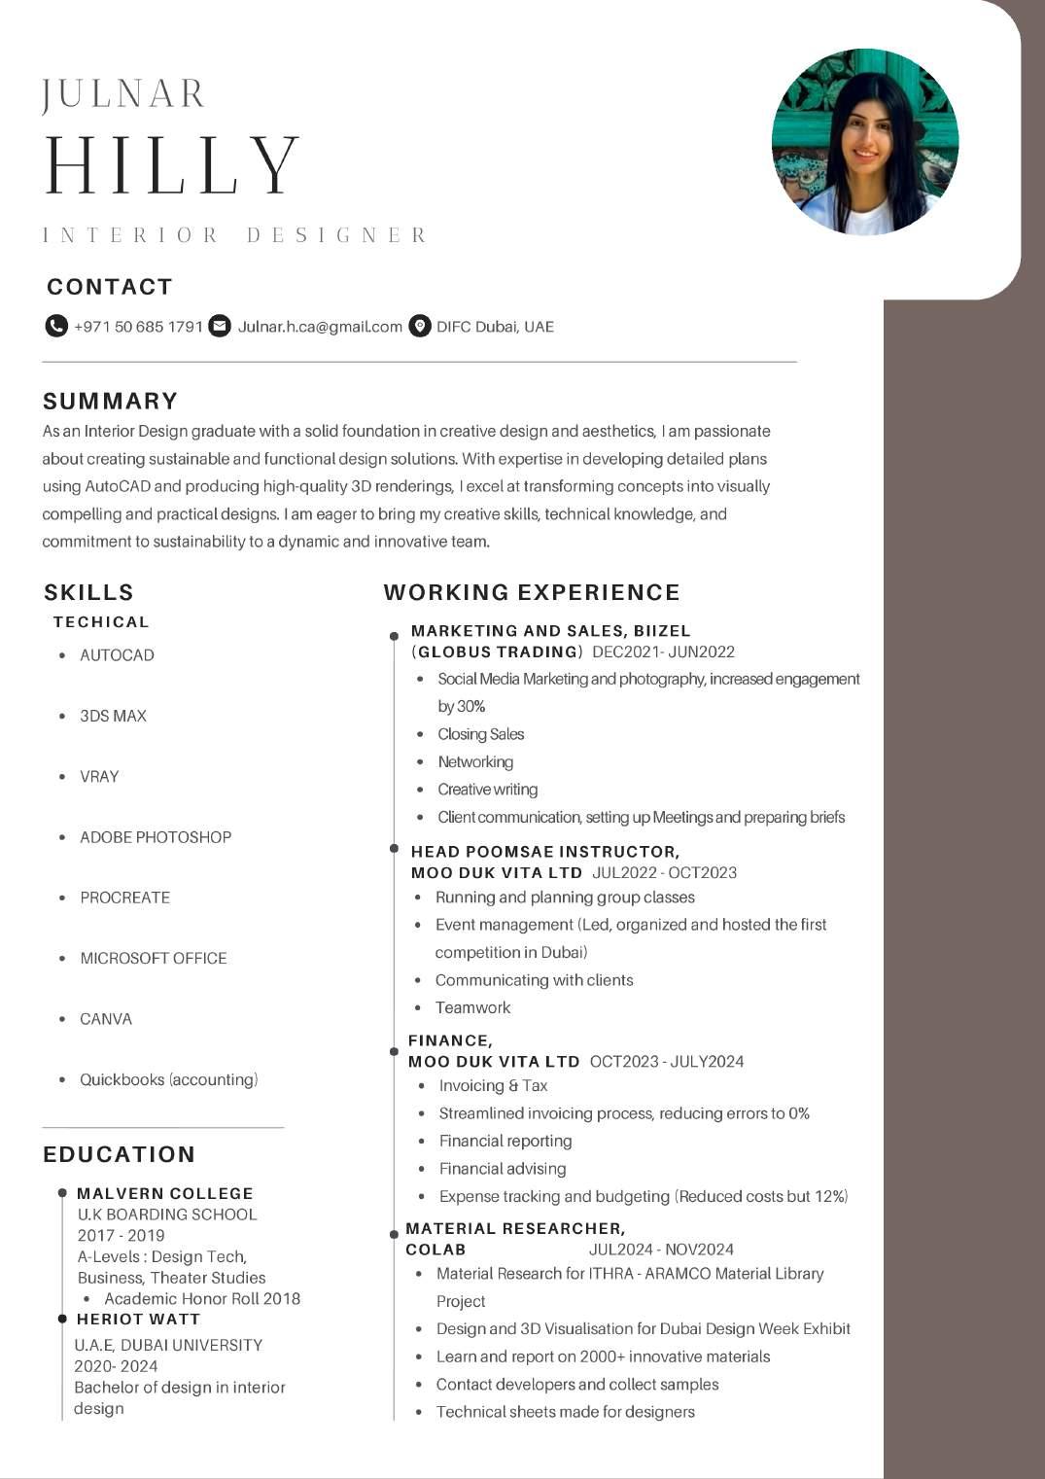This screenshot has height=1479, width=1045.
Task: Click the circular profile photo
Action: [x=865, y=142]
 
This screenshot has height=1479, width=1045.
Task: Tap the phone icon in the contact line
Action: [x=56, y=326]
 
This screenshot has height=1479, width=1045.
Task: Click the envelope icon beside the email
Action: [x=221, y=326]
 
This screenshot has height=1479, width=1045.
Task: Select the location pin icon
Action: [x=419, y=326]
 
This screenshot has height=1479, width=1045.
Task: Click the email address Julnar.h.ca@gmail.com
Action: [x=320, y=327]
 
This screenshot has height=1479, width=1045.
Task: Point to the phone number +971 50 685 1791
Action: [x=138, y=327]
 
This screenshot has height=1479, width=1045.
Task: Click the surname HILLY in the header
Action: [x=172, y=166]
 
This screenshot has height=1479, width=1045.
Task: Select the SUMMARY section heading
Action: [x=110, y=401]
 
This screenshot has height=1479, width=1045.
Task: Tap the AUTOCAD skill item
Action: [x=117, y=655]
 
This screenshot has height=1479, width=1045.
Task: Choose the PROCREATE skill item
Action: [x=124, y=898]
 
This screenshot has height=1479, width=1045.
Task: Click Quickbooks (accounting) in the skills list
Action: [x=168, y=1079]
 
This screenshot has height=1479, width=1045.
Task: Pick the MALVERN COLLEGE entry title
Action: [x=164, y=1193]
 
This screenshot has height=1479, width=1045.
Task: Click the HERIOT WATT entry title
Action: [x=138, y=1319]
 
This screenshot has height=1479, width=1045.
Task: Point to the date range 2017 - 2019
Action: [x=121, y=1235]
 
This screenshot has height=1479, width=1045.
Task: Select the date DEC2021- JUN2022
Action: [x=663, y=651]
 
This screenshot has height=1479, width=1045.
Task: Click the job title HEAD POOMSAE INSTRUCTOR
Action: [x=544, y=852]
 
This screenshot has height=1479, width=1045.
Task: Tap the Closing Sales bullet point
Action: [x=480, y=734]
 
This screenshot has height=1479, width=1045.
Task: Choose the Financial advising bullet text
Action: [x=502, y=1169]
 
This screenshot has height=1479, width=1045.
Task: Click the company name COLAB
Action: [x=435, y=1250]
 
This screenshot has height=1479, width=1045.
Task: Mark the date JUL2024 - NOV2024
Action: [x=661, y=1250]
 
